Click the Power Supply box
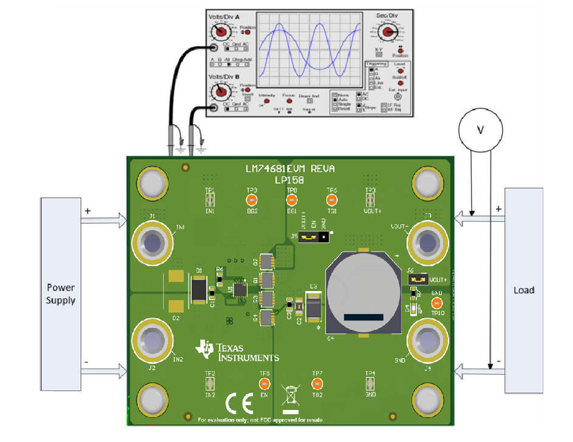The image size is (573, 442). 61,294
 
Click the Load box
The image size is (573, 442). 524,290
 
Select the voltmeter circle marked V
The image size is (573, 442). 481,129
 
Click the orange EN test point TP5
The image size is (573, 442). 264,383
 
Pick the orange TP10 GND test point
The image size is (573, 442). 436,303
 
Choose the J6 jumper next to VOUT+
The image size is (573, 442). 418,279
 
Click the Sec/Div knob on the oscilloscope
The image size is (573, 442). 387,30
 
